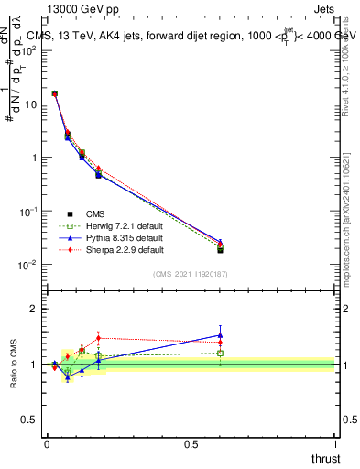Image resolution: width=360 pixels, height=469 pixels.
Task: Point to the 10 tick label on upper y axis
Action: (x=29, y=104)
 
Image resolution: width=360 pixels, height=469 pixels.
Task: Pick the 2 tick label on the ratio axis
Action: (x=33, y=309)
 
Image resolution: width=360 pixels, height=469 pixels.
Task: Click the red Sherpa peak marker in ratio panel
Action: (x=98, y=338)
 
